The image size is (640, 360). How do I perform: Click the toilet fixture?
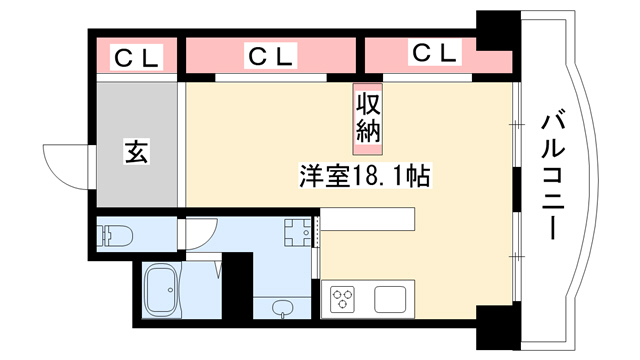point(116,236)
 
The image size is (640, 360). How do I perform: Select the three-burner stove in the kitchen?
point(342,299)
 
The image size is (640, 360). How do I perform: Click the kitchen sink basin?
point(391,299)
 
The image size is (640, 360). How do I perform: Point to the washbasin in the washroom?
point(282,307)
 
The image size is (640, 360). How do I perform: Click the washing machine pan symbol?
point(298,233)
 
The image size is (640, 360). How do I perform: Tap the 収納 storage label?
point(368,119)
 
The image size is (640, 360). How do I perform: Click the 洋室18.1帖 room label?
point(364,176)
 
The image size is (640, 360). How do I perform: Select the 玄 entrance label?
point(137,151)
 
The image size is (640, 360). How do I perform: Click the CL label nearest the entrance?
point(136,58)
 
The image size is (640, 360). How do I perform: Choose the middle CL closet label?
point(271,56)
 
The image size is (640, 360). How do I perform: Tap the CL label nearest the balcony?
point(435,52)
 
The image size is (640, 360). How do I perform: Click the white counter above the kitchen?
point(367,218)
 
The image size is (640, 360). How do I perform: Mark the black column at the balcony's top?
point(498,31)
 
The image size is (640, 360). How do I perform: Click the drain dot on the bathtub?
point(171,290)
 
